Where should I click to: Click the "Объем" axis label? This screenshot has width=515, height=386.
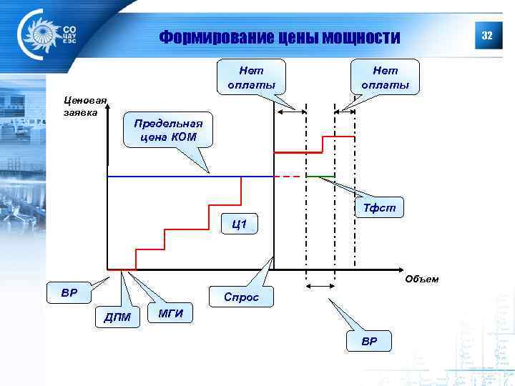[x=421, y=279]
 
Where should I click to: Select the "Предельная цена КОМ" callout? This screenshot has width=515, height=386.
[x=168, y=129]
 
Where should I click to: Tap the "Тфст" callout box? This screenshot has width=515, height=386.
[x=380, y=207]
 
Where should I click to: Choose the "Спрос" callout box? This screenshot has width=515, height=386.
[x=241, y=297]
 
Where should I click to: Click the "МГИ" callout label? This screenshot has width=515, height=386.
[x=170, y=313]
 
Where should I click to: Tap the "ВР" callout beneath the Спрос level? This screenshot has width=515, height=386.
[x=369, y=341]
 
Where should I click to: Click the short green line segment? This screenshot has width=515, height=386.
[x=320, y=176]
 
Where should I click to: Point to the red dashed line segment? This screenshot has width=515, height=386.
[x=290, y=176]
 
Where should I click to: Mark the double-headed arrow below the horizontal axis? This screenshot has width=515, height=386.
[x=320, y=286]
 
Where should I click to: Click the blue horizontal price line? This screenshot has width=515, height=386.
[x=190, y=176]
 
